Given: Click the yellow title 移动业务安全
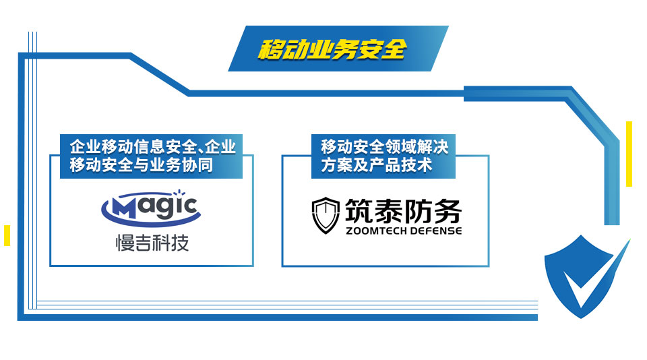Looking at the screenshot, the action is click(x=332, y=49).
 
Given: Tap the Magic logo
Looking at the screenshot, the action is click(x=151, y=208).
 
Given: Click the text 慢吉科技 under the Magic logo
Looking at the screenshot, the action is click(x=152, y=243).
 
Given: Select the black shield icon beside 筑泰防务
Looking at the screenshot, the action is click(x=326, y=216).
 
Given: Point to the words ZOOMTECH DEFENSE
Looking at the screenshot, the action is click(x=404, y=231).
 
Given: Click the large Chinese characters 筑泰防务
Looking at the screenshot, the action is click(x=403, y=211).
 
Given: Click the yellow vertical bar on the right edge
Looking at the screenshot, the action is click(x=629, y=154).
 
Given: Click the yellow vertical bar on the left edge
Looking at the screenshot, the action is click(x=7, y=235).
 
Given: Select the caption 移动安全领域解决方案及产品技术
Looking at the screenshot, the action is click(x=384, y=156).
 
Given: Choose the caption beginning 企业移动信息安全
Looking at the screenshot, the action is click(x=152, y=156).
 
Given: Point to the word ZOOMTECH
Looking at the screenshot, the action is click(x=374, y=231).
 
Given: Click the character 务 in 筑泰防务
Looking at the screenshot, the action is click(x=448, y=211).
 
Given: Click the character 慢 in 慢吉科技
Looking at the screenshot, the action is click(x=124, y=243).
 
